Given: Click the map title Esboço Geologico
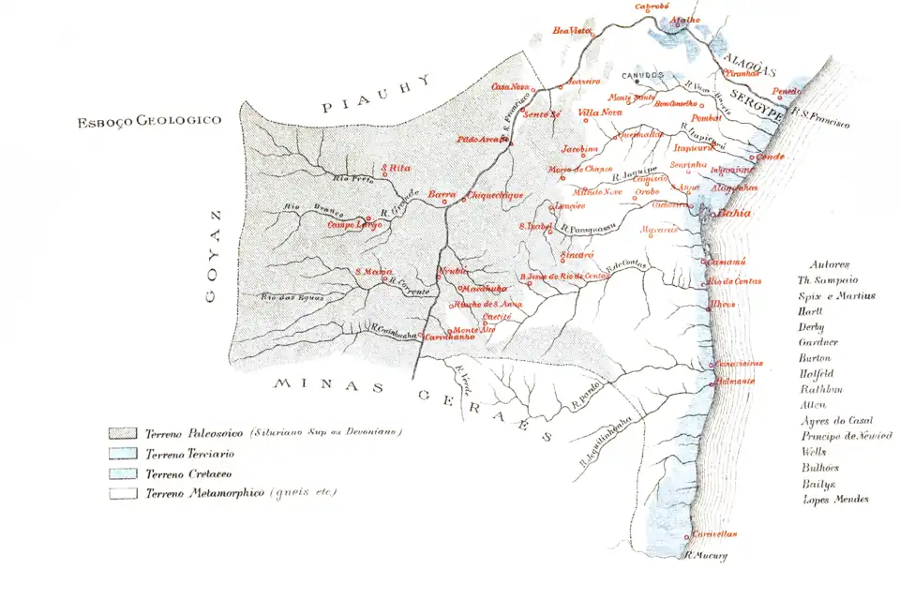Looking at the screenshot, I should coord(151,121).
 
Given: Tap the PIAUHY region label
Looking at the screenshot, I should coord(376,94).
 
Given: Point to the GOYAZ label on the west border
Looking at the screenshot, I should coord(214,255).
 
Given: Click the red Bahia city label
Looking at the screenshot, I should coord(737,214).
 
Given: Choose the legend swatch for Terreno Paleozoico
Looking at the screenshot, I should coord(123,433).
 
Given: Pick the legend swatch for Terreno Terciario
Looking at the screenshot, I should coord(123,453).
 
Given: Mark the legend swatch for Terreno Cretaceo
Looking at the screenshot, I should coord(123,472).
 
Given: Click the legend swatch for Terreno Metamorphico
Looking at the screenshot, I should coord(123,492).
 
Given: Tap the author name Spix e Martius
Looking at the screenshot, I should coord(836,295).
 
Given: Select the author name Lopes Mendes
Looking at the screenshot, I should coord(835,500).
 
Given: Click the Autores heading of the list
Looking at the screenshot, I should coord(830,264).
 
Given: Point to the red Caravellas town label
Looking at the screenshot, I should coord(715,534).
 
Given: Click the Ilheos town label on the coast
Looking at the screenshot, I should coord(723,304).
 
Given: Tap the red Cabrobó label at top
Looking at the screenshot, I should coord(652,6).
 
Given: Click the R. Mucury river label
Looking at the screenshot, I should coord(707,555).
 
